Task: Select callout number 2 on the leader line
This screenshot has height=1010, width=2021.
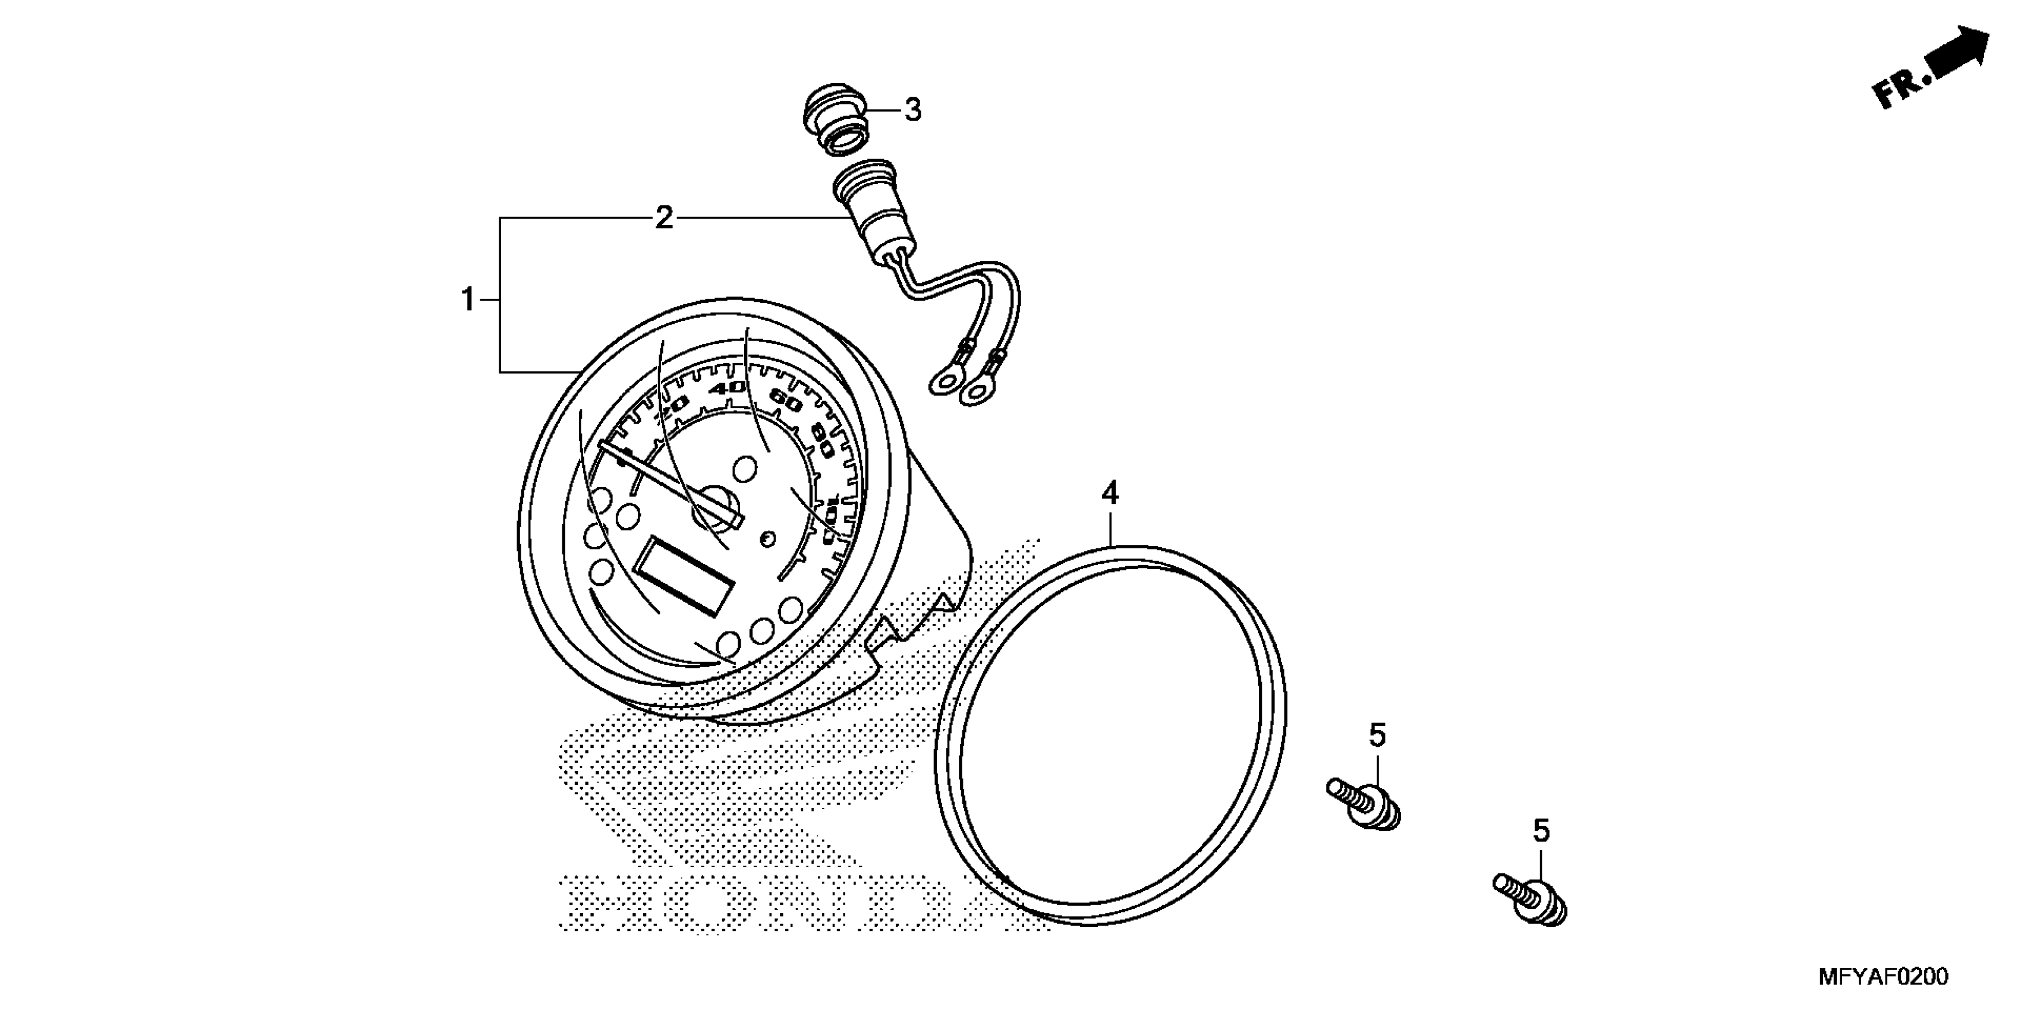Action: pyautogui.click(x=664, y=217)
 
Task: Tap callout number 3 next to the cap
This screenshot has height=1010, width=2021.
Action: pyautogui.click(x=912, y=110)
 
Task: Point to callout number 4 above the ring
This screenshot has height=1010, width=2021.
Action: pyautogui.click(x=1109, y=493)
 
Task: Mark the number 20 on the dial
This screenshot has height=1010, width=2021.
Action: pyautogui.click(x=672, y=407)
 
